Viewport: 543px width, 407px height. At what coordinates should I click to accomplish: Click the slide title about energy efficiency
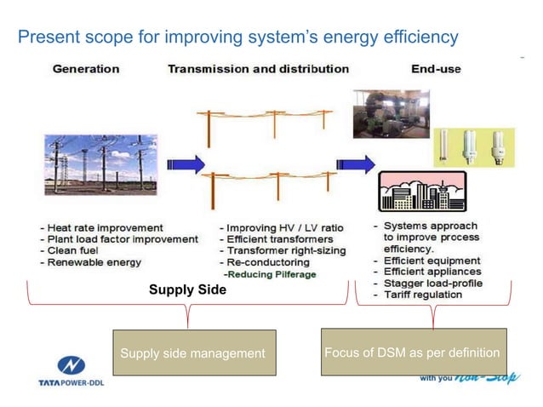click(x=238, y=37)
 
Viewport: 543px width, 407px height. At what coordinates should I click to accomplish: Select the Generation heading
click(x=86, y=68)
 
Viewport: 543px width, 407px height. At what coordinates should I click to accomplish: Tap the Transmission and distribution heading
click(x=258, y=68)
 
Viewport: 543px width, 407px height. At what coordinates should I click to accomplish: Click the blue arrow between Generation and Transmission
click(x=186, y=164)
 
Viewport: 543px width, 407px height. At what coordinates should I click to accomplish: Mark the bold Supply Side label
click(x=187, y=290)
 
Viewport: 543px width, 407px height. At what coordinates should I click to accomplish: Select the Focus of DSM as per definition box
click(x=414, y=352)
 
